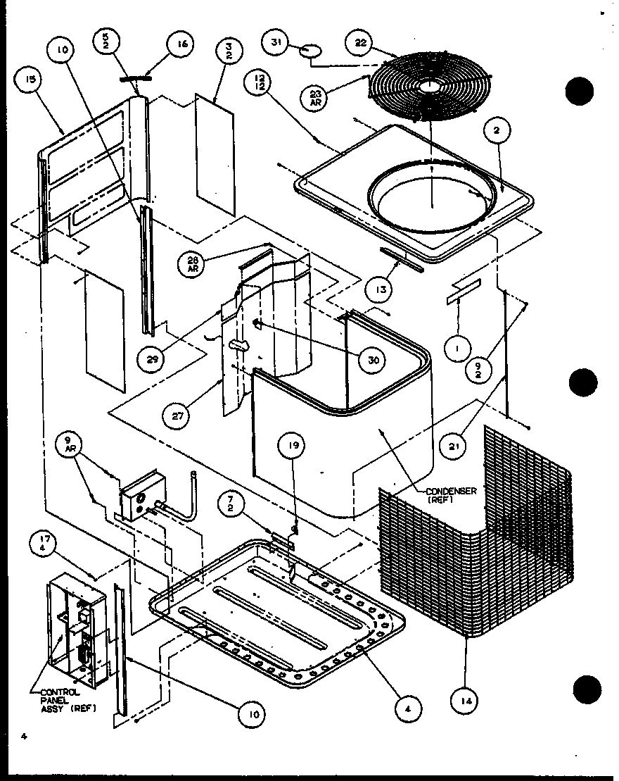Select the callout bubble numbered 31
[x=278, y=43]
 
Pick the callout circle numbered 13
[x=378, y=289]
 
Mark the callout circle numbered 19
[x=294, y=445]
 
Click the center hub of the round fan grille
[x=428, y=85]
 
